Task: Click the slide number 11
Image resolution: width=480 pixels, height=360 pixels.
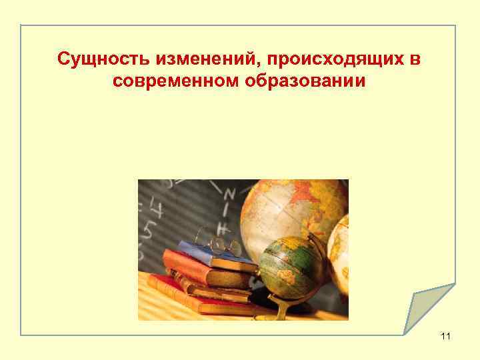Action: [x=445, y=336]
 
